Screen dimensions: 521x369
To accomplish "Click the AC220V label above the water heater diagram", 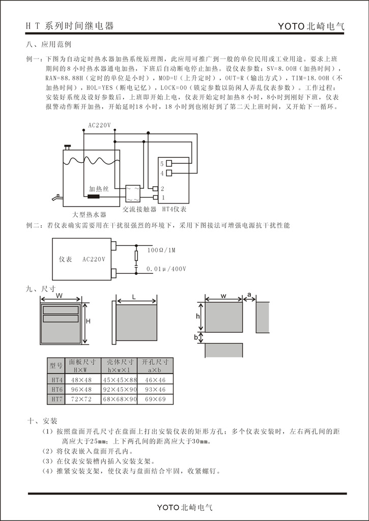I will [99, 125].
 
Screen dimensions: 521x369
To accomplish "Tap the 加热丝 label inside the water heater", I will [99, 188].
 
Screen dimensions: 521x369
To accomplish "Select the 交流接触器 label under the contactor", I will [139, 209].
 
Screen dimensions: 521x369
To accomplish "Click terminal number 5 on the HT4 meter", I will [162, 164].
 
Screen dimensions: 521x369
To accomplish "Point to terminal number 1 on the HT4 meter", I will [163, 197].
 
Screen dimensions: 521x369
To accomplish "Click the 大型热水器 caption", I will [90, 215].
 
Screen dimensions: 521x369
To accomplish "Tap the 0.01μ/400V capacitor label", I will [166, 268].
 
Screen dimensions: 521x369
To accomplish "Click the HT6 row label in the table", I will [56, 390].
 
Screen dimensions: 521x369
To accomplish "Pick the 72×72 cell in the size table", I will [81, 399].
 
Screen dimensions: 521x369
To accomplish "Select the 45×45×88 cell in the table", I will [120, 380].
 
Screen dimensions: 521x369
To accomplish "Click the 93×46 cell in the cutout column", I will [155, 390].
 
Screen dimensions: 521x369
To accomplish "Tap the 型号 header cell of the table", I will [56, 365].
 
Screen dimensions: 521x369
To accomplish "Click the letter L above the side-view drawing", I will [133, 296].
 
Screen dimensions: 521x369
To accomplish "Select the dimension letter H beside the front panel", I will [88, 321].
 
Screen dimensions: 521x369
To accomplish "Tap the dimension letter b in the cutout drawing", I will [196, 337].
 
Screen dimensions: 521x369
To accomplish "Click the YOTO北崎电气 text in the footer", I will [184, 507].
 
